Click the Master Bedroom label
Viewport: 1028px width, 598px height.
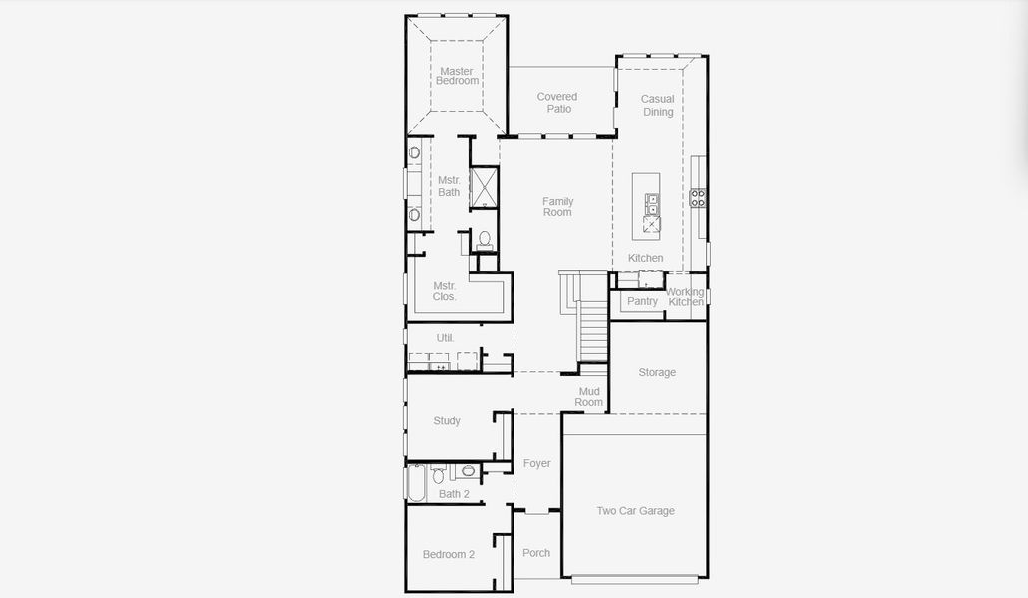(457, 76)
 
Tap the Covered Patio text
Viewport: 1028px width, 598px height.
(557, 103)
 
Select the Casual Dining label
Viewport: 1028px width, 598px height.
(658, 105)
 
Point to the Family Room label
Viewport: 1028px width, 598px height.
(557, 207)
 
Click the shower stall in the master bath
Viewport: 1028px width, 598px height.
(484, 188)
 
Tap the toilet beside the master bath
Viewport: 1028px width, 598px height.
(485, 240)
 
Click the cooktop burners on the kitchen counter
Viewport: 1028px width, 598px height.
(698, 197)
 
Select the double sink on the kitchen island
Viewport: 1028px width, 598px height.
(652, 204)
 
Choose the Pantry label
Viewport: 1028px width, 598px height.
(642, 301)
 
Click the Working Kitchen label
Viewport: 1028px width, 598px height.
(686, 297)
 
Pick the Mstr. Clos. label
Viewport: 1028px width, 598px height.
(445, 291)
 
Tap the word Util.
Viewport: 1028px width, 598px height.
(445, 338)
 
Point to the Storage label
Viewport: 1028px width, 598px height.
(657, 372)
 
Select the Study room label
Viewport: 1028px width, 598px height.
(447, 421)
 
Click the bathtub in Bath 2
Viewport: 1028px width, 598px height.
(417, 482)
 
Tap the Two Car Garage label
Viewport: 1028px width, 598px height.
(635, 511)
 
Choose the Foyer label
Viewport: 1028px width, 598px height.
(536, 463)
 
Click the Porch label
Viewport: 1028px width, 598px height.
(536, 553)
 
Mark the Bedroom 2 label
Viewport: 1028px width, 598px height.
(448, 554)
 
